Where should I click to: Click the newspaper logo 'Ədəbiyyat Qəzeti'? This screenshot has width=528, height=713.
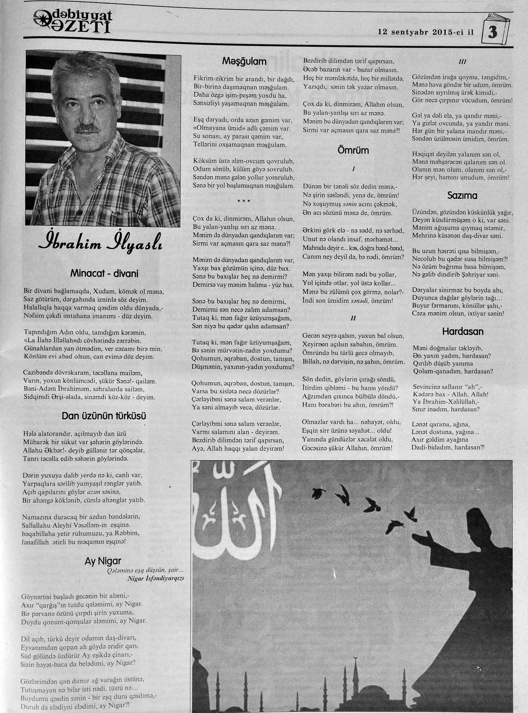[73, 22]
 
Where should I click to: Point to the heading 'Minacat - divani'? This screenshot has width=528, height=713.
[105, 274]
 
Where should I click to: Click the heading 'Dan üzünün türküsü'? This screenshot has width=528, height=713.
[104, 416]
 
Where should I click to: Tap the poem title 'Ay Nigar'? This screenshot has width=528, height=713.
[103, 561]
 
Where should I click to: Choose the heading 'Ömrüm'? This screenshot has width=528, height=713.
[353, 150]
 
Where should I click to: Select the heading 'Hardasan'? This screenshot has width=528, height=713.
[463, 332]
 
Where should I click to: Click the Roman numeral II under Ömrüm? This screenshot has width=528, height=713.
[353, 319]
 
